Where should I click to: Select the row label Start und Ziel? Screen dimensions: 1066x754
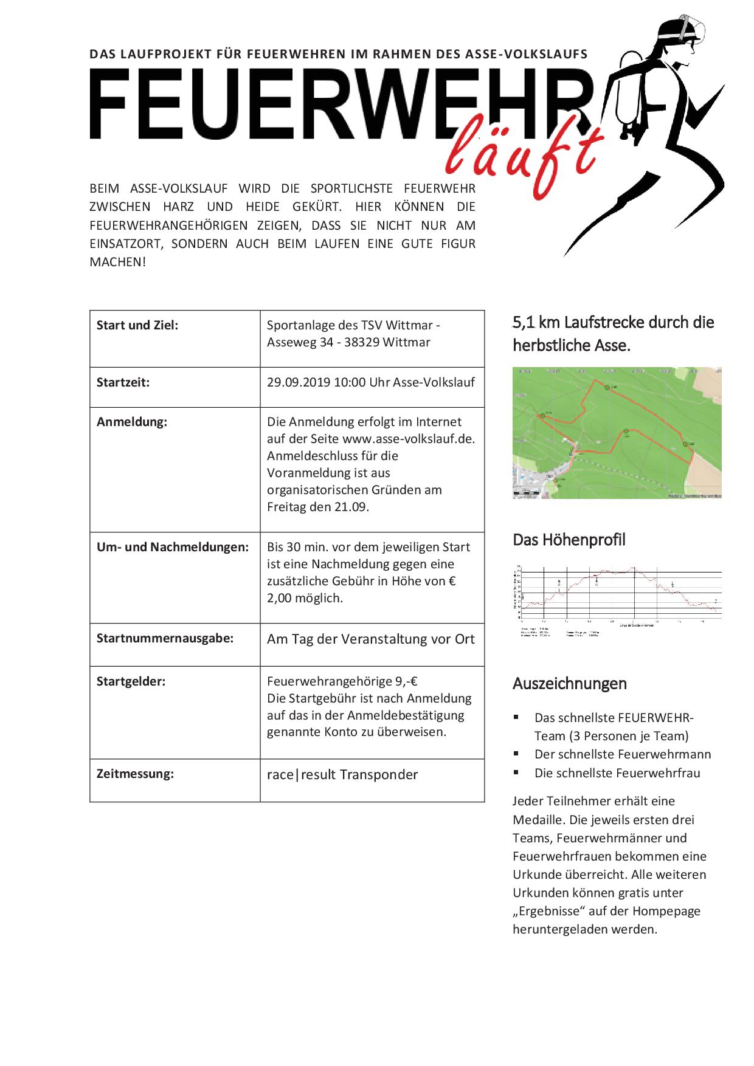[137, 325]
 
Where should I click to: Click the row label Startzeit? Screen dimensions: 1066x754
[123, 383]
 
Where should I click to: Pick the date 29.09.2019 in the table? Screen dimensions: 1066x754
[298, 382]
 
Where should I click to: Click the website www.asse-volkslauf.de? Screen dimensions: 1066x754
[409, 439]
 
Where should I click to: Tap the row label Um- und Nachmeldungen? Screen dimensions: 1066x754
[173, 547]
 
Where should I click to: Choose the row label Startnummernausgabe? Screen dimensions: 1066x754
[165, 639]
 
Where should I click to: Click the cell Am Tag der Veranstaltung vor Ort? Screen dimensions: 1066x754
[371, 639]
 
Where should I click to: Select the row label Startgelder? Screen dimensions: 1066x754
[131, 681]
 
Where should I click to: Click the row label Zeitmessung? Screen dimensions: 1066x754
[135, 774]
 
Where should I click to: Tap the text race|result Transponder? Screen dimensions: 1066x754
[342, 775]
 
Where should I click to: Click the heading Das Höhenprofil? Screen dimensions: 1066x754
[569, 540]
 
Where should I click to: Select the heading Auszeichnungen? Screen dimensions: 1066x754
[570, 684]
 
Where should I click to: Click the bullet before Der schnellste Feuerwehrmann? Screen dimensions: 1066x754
[516, 754]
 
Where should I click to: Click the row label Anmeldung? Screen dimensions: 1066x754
[131, 422]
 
